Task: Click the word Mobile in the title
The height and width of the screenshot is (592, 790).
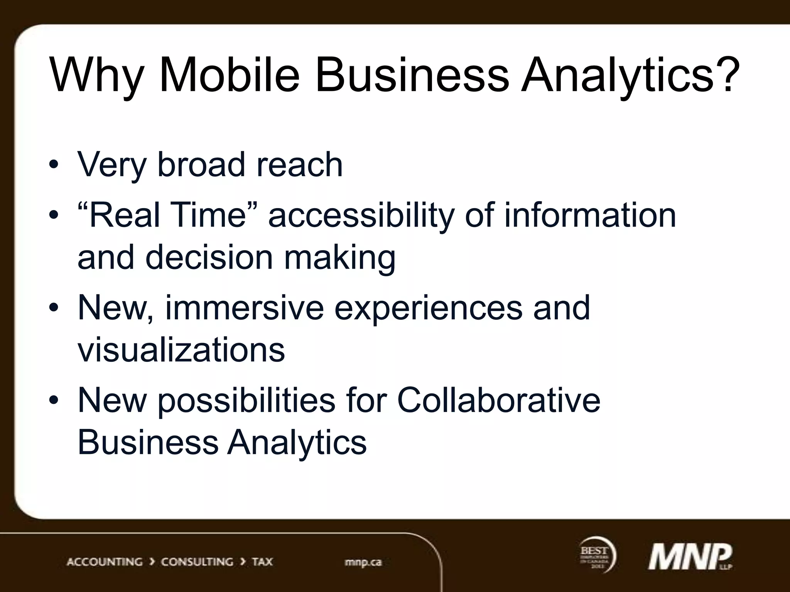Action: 229,75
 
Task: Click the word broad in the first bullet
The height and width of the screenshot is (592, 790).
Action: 201,165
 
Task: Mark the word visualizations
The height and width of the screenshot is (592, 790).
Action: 181,350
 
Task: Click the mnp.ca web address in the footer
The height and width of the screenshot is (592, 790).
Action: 363,562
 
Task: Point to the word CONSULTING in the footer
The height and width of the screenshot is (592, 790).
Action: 197,562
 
